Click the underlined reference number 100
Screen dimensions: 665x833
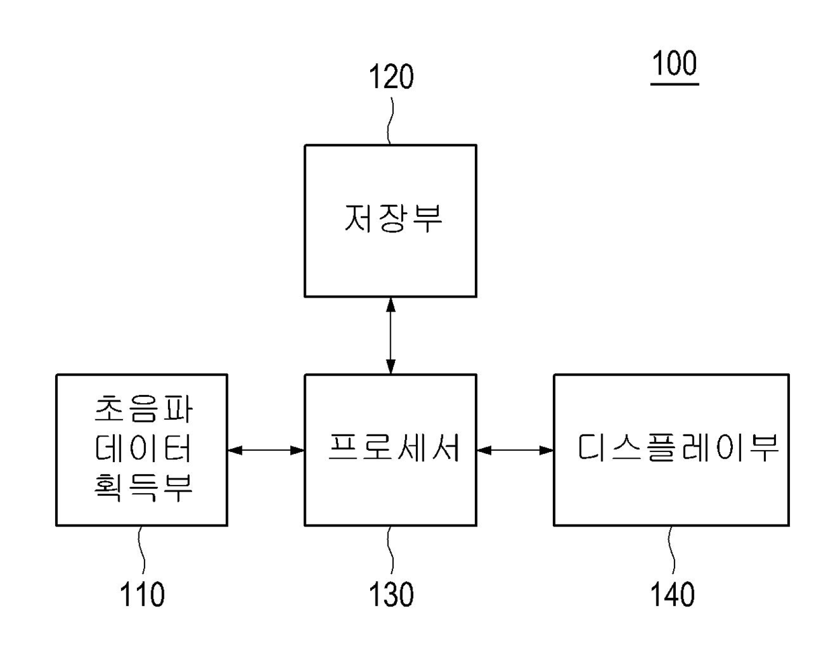click(674, 64)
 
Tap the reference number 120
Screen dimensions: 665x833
click(390, 77)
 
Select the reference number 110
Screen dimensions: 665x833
click(142, 594)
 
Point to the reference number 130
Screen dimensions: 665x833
click(391, 594)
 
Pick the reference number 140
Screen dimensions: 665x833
click(672, 594)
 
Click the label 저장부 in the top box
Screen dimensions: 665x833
click(393, 218)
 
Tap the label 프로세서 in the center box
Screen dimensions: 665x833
click(394, 447)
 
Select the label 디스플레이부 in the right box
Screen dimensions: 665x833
click(677, 447)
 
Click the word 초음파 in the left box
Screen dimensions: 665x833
click(143, 409)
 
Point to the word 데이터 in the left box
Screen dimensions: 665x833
click(143, 449)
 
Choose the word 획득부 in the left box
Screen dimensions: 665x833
click(143, 487)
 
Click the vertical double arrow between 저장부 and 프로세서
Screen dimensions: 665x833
click(391, 336)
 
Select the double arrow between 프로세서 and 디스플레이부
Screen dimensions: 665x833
click(515, 450)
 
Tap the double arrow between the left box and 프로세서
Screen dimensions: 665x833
click(266, 450)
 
